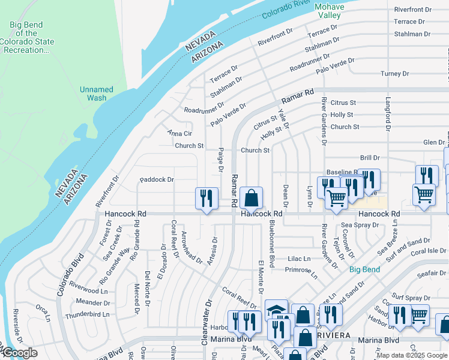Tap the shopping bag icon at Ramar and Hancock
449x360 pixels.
pos(252,198)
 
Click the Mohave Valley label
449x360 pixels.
pos(330,11)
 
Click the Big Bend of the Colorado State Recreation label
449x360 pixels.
pos(28,37)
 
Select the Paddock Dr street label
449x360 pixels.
pos(157,179)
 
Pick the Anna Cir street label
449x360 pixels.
pos(179,133)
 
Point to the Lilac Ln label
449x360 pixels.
pos(298,259)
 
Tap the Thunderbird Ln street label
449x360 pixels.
pos(88,314)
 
